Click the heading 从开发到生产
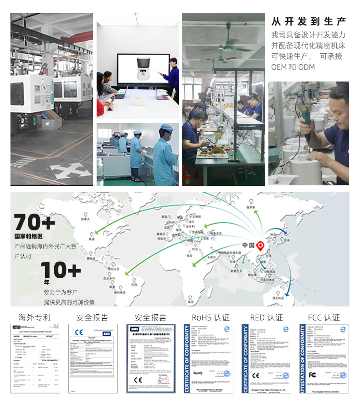pyautogui.click(x=309, y=21)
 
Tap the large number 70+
pyautogui.click(x=35, y=223)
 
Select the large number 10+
pyautogui.click(x=61, y=270)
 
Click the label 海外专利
pyautogui.click(x=35, y=317)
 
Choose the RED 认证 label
pyautogui.click(x=266, y=317)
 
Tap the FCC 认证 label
pyautogui.click(x=324, y=317)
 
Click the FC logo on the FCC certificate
pyautogui.click(x=313, y=375)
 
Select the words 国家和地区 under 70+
pyautogui.click(x=28, y=236)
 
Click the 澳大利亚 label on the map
pyautogui.click(x=278, y=296)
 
